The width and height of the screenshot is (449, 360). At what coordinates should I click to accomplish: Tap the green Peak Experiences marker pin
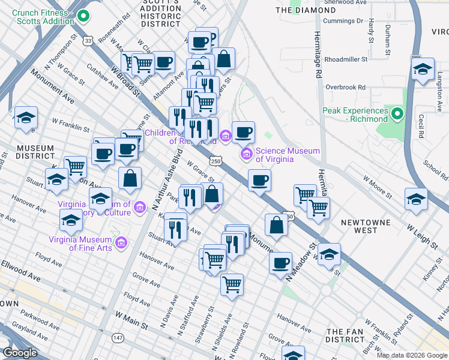(397, 113)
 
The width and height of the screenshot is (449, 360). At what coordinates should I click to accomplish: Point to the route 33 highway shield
(89, 41)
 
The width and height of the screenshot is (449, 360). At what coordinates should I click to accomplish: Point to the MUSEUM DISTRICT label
(35, 152)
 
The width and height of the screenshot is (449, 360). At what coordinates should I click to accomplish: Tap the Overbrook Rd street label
(345, 87)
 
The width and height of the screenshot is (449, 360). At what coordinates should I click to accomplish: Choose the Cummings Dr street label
(343, 20)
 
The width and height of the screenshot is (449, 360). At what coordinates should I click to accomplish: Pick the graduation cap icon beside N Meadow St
(329, 254)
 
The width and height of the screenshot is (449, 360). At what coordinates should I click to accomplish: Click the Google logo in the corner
(20, 353)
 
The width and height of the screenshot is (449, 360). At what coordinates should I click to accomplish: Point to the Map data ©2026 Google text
(411, 355)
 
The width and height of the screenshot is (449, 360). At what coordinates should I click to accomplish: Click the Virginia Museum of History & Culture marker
(140, 208)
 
